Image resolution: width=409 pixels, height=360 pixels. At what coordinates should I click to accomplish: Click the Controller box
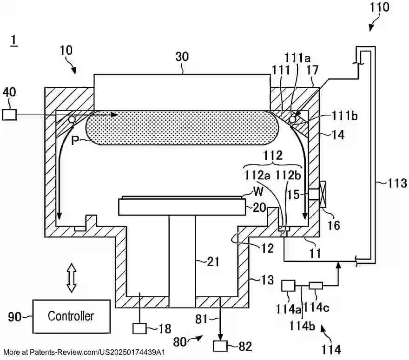click(x=71, y=316)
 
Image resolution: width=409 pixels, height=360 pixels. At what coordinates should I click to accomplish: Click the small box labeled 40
click(x=9, y=114)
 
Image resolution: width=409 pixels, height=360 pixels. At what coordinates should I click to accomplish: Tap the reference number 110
click(x=380, y=7)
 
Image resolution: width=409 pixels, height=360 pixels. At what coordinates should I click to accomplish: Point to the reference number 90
click(x=15, y=317)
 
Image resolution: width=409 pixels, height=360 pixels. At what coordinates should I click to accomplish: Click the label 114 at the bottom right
click(x=330, y=349)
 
